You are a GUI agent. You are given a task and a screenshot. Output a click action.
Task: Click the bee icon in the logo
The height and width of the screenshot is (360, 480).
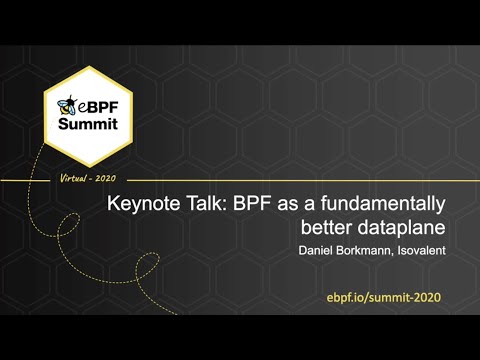tap(68, 104)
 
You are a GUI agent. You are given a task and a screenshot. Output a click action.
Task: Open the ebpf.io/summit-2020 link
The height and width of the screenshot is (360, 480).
tap(383, 298)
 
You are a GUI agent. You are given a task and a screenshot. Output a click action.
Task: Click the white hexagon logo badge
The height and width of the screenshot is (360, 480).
tap(90, 117)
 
